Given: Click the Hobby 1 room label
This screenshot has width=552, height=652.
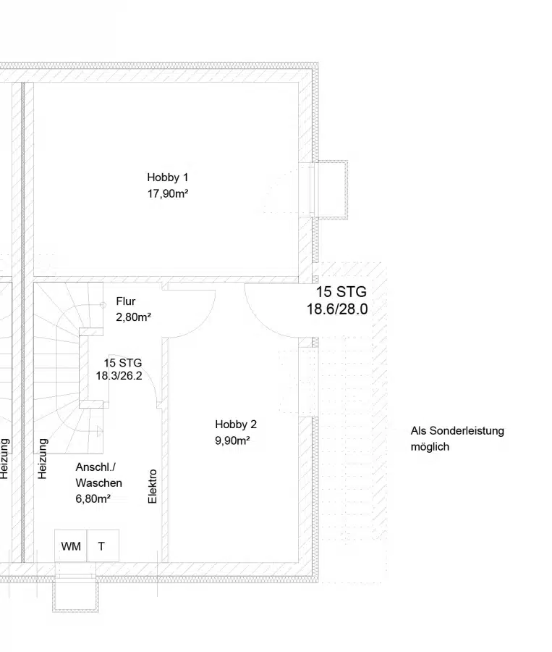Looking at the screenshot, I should [167, 177].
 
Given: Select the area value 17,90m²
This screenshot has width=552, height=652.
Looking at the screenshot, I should [168, 193].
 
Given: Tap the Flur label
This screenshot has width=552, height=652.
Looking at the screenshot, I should [125, 301].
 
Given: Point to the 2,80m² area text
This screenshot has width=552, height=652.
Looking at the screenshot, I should [133, 317].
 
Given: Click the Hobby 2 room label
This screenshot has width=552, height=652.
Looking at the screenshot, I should [235, 425].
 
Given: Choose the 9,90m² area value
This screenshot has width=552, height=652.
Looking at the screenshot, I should [232, 440].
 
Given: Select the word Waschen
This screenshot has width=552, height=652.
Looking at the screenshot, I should [98, 482].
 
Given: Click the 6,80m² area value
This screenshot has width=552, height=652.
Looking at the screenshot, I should [93, 498].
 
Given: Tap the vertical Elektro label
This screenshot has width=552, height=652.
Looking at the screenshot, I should [153, 487].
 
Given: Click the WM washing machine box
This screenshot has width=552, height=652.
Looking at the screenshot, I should [71, 546].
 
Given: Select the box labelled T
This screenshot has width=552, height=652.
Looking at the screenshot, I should [102, 546].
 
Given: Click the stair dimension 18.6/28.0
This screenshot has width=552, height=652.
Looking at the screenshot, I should [337, 309].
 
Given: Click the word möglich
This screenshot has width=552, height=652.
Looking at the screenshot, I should [430, 447].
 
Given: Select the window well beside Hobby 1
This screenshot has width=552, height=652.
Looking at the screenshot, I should [331, 188].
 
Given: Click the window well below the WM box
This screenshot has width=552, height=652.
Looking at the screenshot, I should [76, 595].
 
